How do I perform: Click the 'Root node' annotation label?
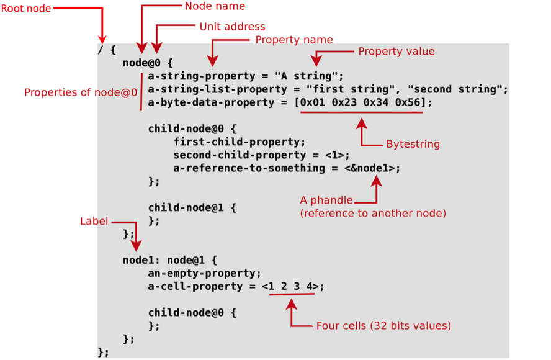click(x=26, y=9)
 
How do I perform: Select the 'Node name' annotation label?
click(x=215, y=6)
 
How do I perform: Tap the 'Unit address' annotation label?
click(x=232, y=27)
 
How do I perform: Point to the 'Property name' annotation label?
click(x=294, y=40)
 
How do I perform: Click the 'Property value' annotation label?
click(x=396, y=52)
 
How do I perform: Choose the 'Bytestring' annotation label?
click(x=413, y=144)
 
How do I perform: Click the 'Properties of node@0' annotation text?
click(x=81, y=92)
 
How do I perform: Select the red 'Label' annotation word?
click(x=94, y=222)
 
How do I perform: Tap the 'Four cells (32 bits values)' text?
click(x=383, y=325)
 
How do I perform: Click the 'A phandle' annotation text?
click(x=326, y=200)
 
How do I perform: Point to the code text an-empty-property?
click(x=202, y=273)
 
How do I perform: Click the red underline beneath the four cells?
click(x=292, y=294)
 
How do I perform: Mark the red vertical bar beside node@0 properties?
click(x=141, y=90)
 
